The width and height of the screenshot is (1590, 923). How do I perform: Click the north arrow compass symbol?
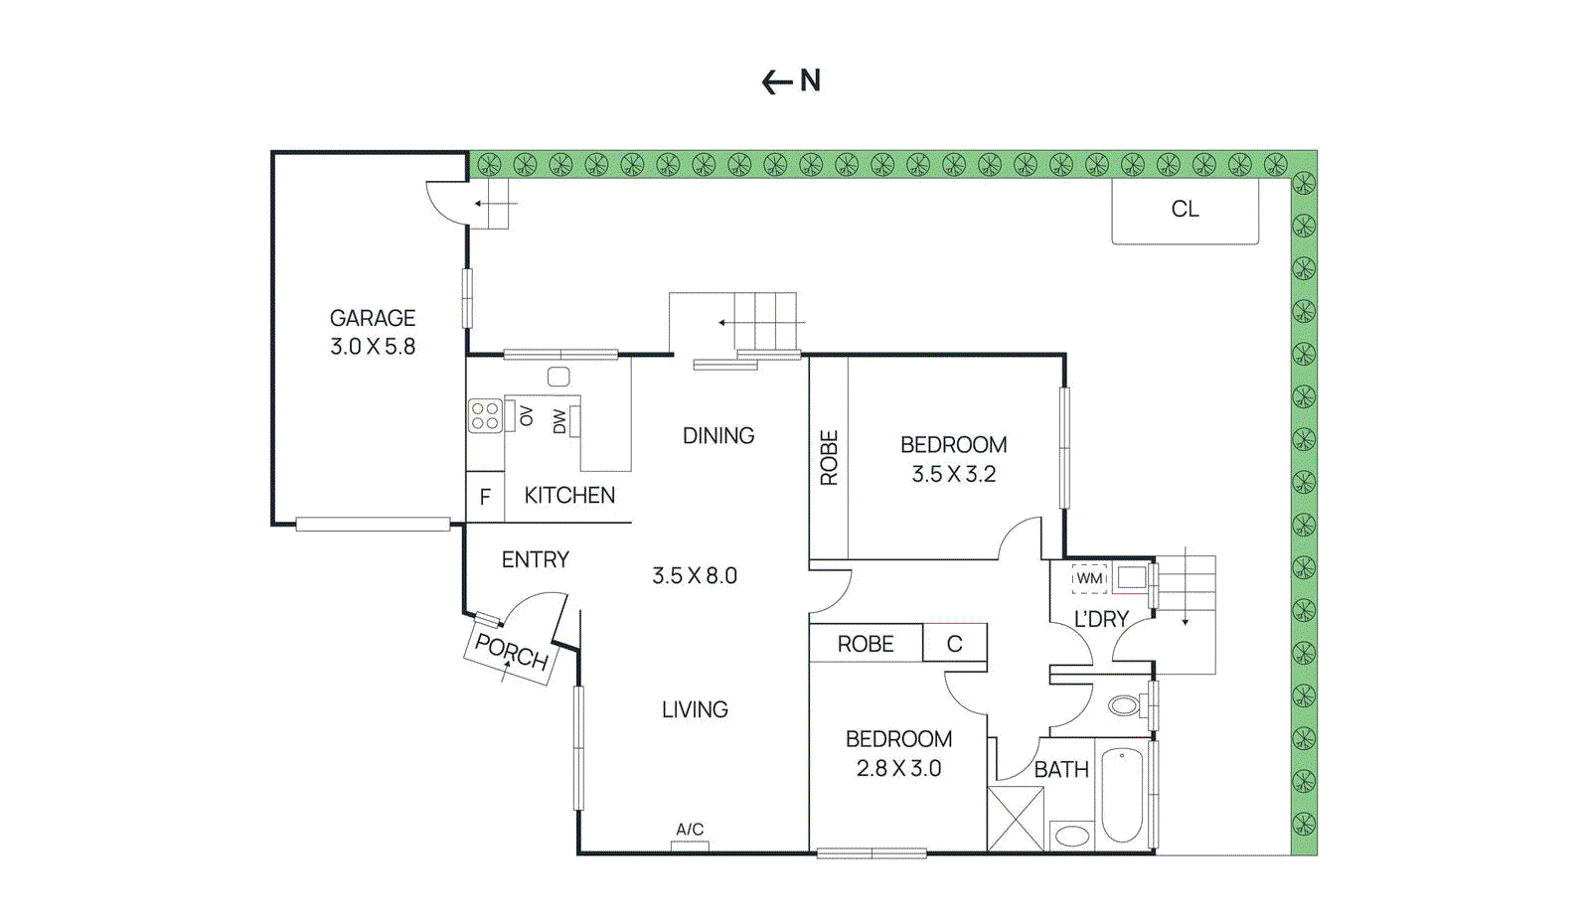click(791, 81)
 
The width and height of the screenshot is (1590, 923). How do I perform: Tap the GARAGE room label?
click(373, 318)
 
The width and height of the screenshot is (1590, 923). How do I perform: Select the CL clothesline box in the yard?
click(1185, 210)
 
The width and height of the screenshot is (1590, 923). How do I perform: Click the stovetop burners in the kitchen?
click(485, 415)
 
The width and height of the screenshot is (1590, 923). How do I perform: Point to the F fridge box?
click(485, 497)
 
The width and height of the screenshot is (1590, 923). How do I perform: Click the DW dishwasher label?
click(559, 421)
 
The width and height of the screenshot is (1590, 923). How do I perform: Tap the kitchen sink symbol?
click(558, 377)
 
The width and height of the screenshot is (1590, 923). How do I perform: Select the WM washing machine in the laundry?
click(1089, 578)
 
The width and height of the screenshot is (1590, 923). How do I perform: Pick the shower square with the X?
click(1016, 819)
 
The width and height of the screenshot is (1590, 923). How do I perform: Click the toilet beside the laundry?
click(1126, 705)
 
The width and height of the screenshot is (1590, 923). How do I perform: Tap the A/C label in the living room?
click(690, 830)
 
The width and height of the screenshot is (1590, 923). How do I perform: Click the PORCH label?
click(511, 653)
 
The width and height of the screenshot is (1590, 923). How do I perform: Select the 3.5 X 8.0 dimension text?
click(695, 576)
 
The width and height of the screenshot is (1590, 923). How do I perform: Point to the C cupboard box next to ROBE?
click(954, 644)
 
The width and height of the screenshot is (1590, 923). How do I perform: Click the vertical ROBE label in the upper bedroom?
click(829, 458)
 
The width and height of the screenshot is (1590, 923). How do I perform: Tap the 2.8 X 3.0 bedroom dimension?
click(898, 768)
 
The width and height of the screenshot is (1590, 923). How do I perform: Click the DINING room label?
click(718, 436)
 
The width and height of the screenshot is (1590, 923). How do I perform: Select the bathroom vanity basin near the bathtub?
click(1071, 836)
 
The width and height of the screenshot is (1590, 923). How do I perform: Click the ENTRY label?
click(535, 560)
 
